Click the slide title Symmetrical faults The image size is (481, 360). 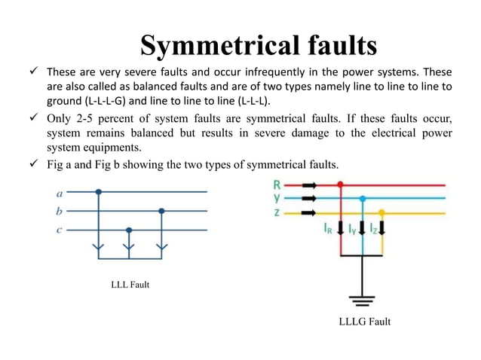pyautogui.click(x=259, y=46)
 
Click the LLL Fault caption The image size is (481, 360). pyautogui.click(x=131, y=284)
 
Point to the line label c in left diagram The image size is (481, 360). pyautogui.click(x=60, y=230)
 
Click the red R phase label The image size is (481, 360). pyautogui.click(x=277, y=184)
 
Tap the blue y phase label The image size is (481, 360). pyautogui.click(x=277, y=197)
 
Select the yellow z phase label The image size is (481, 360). pyautogui.click(x=277, y=212)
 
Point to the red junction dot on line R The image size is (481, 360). pyautogui.click(x=342, y=184)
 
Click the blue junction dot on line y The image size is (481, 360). pyautogui.click(x=363, y=198)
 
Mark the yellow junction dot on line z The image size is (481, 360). pyautogui.click(x=382, y=212)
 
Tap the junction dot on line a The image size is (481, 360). pyautogui.click(x=99, y=192)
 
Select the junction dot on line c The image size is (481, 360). pyautogui.click(x=130, y=230)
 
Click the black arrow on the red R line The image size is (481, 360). pyautogui.click(x=309, y=184)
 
